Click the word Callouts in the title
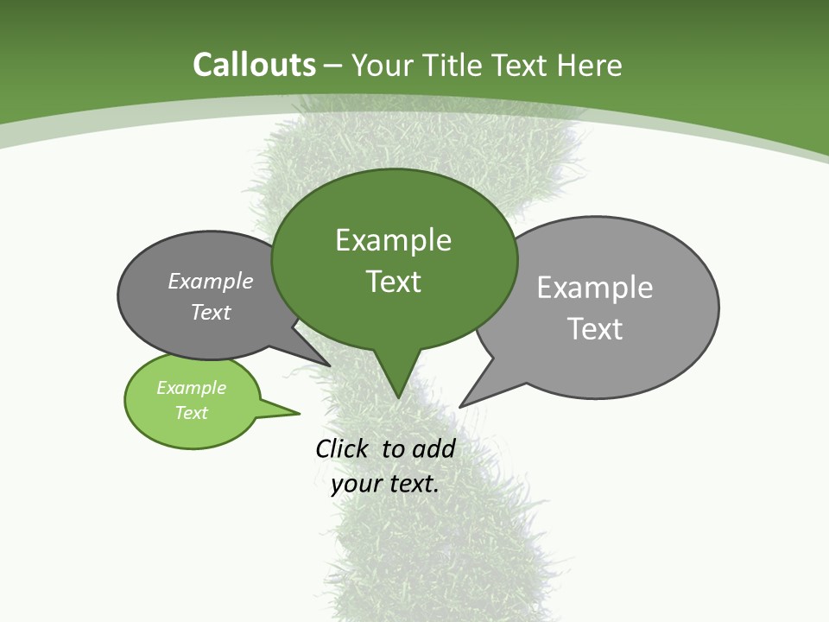coord(254,66)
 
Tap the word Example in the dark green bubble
coord(393,240)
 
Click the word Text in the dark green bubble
coord(393,282)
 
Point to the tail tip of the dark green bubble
coord(398,397)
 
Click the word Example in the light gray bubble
coord(595,288)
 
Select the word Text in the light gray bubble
coord(595,329)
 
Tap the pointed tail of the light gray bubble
coord(462,405)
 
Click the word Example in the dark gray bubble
coord(211,282)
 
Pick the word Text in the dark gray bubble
coord(211,313)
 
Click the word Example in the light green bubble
coord(191,388)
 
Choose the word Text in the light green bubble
coord(191,413)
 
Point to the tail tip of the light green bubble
coord(298,413)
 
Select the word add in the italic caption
coord(433,449)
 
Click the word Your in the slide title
coord(383,66)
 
